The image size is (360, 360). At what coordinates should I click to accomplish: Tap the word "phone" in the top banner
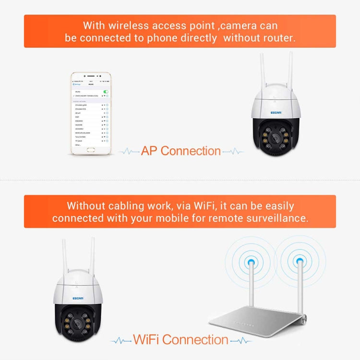click(x=162, y=38)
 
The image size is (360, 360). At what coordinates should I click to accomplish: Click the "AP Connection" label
click(x=181, y=151)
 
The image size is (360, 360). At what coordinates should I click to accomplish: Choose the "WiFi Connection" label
click(x=180, y=340)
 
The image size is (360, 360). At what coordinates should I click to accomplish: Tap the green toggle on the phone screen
click(x=105, y=91)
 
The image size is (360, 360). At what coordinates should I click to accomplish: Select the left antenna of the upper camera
click(x=262, y=72)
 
